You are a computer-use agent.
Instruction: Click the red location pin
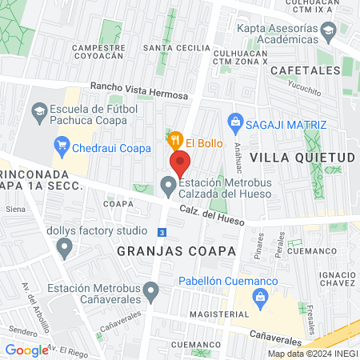180,162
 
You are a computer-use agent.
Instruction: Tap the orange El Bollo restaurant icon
176,141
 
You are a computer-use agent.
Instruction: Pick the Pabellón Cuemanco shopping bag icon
258,298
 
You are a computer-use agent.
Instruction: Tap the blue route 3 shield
162,232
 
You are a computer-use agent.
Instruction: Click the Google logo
26,350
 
